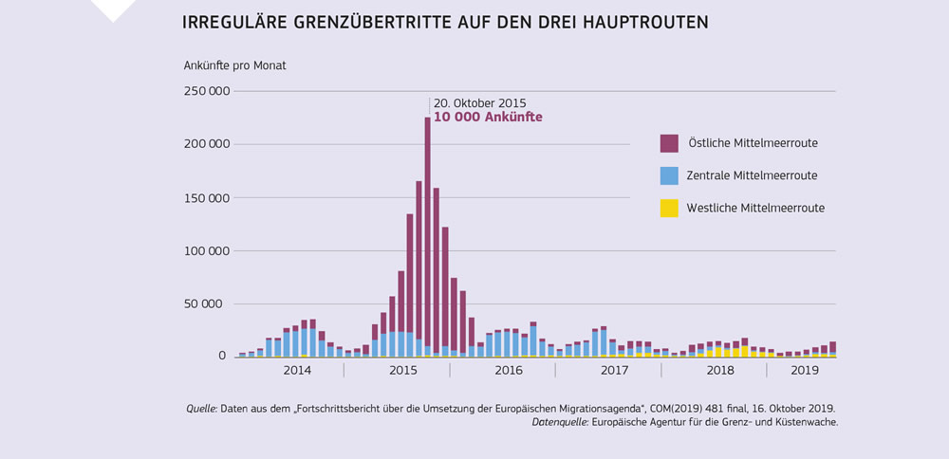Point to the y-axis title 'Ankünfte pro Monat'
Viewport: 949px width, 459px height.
coord(234,65)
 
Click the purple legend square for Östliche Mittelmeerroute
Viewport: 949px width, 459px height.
coord(669,143)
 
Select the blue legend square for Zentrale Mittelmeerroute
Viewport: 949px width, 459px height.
coord(669,175)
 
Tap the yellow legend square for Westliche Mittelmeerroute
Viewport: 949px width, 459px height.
coord(669,208)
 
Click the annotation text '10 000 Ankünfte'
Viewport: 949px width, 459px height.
coord(488,118)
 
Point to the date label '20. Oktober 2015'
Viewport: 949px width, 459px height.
coord(479,102)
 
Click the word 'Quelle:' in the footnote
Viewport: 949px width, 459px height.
coord(201,409)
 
